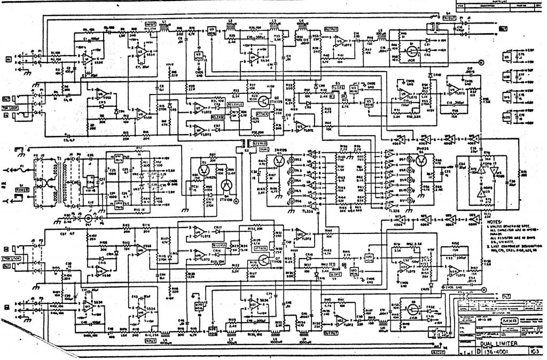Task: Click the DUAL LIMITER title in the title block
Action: coord(479,343)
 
